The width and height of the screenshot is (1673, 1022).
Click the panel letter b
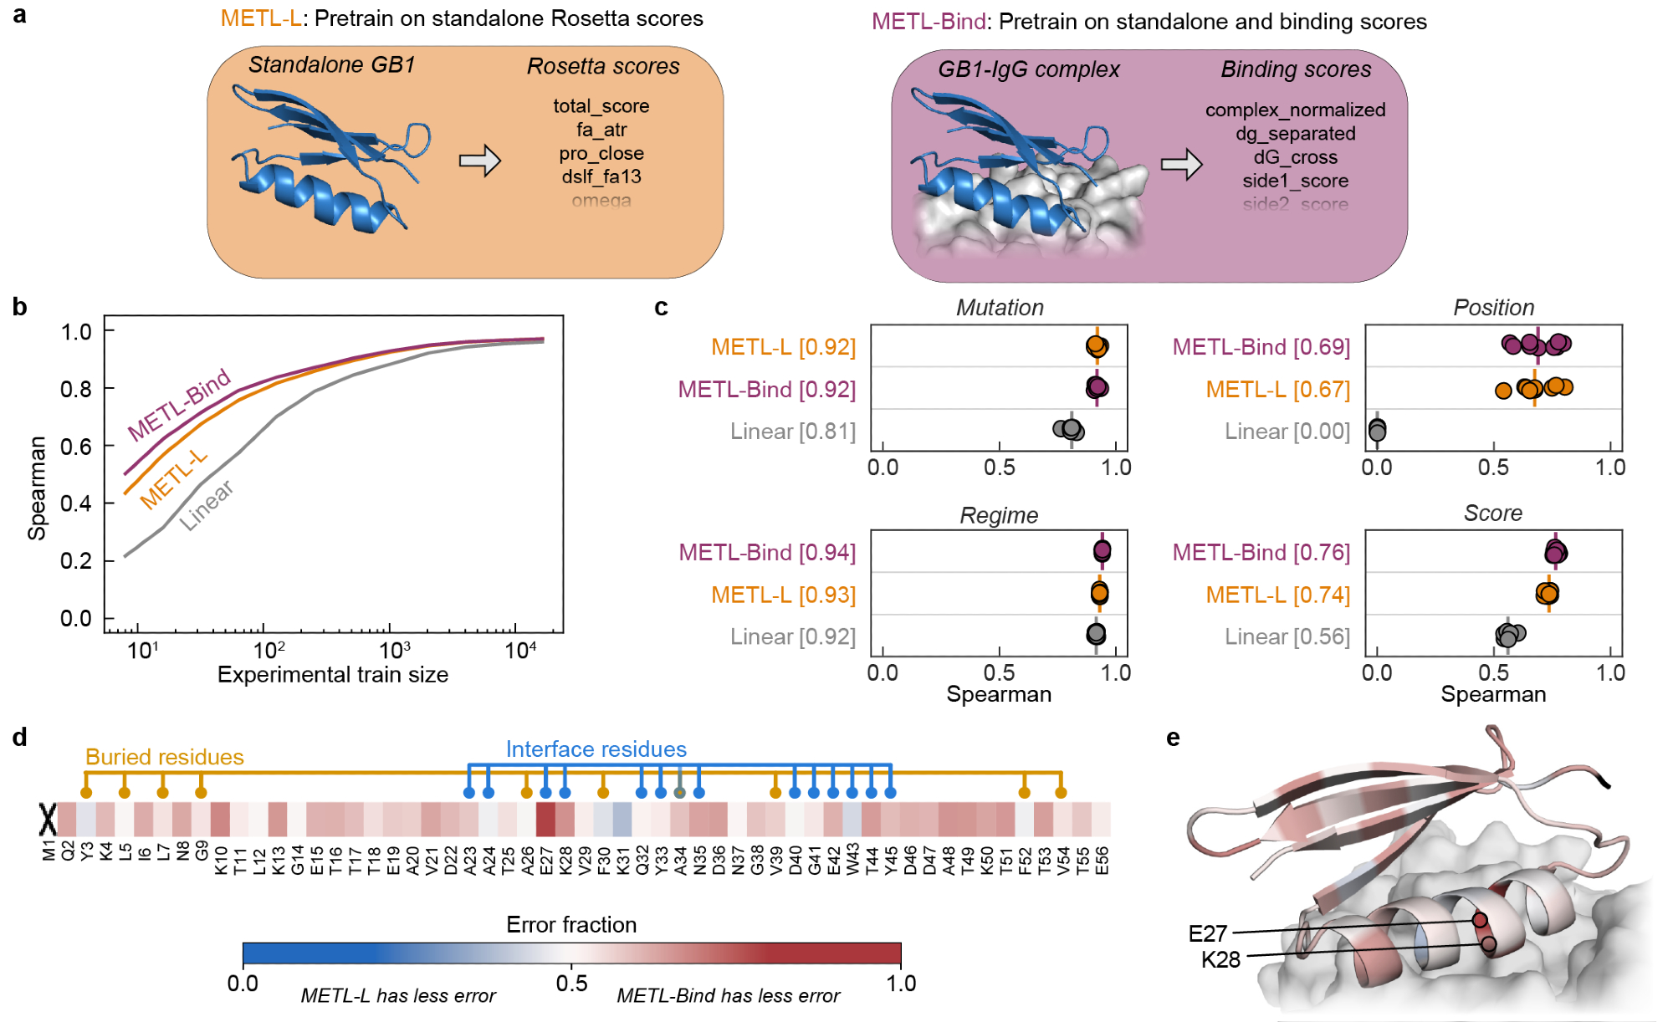[20, 307]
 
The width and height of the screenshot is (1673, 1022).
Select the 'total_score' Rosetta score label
[601, 106]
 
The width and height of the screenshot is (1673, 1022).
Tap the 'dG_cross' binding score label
[1295, 157]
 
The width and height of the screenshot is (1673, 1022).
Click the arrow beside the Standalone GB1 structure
[480, 161]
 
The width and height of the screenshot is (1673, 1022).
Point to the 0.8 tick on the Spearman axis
[76, 389]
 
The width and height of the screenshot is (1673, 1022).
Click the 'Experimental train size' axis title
[333, 675]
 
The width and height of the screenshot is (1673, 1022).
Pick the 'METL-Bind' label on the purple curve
[179, 404]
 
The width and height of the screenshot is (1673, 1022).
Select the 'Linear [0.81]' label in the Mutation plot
[792, 432]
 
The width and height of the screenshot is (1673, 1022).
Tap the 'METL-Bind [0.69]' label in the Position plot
[1261, 347]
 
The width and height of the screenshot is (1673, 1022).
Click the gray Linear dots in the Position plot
[1377, 430]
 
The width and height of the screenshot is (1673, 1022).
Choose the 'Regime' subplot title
[999, 515]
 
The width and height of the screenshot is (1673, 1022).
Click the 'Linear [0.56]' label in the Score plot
[1287, 637]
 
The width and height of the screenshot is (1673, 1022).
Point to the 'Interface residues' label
[596, 749]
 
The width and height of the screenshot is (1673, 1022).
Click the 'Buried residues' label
[164, 757]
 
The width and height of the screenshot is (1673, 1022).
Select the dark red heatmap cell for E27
[545, 820]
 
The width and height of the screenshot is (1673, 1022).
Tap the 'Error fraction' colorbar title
[571, 925]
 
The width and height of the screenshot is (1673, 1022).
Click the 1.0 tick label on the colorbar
[901, 984]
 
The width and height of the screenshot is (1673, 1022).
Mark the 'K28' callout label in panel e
[1220, 960]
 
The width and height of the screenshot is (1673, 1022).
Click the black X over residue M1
[48, 820]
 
